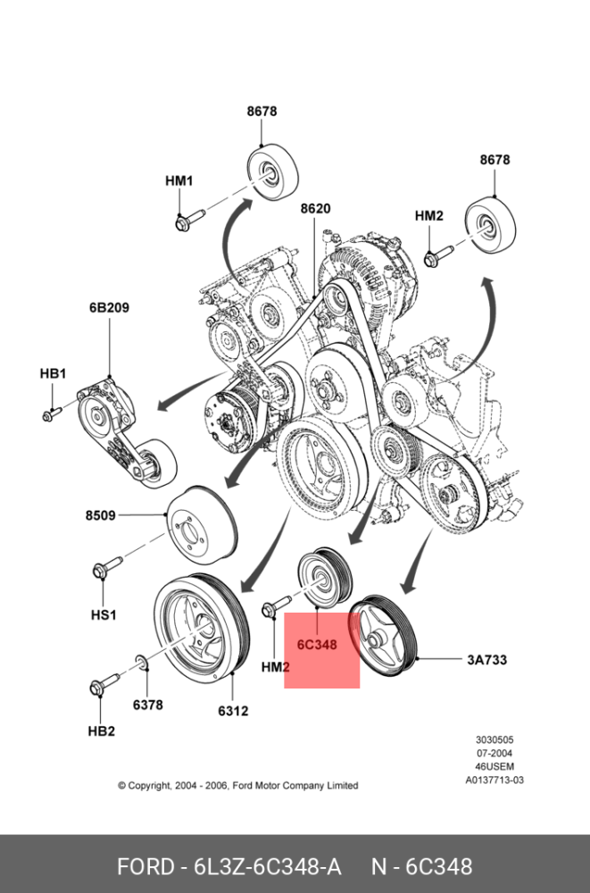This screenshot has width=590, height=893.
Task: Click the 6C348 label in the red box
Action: pos(317,644)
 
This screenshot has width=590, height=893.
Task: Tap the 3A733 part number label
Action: pos(486,661)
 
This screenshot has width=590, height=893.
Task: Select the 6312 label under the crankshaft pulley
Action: pos(232,711)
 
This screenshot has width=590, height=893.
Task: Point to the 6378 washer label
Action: pos(148,705)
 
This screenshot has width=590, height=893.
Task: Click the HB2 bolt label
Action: pos(100,730)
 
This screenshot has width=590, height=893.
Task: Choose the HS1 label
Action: pos(104,614)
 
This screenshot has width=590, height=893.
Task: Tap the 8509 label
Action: pos(101,515)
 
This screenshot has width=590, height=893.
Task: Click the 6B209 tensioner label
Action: pos(109,308)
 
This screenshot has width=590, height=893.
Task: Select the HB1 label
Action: pos(52,373)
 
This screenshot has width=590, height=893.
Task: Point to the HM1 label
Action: pos(179,180)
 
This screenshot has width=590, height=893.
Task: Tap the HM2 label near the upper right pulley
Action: pos(428,216)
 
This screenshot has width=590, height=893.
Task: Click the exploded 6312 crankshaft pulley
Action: pos(196,625)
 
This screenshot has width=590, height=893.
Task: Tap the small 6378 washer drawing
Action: pos(140,663)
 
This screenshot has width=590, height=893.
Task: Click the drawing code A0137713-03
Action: pos(494,780)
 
